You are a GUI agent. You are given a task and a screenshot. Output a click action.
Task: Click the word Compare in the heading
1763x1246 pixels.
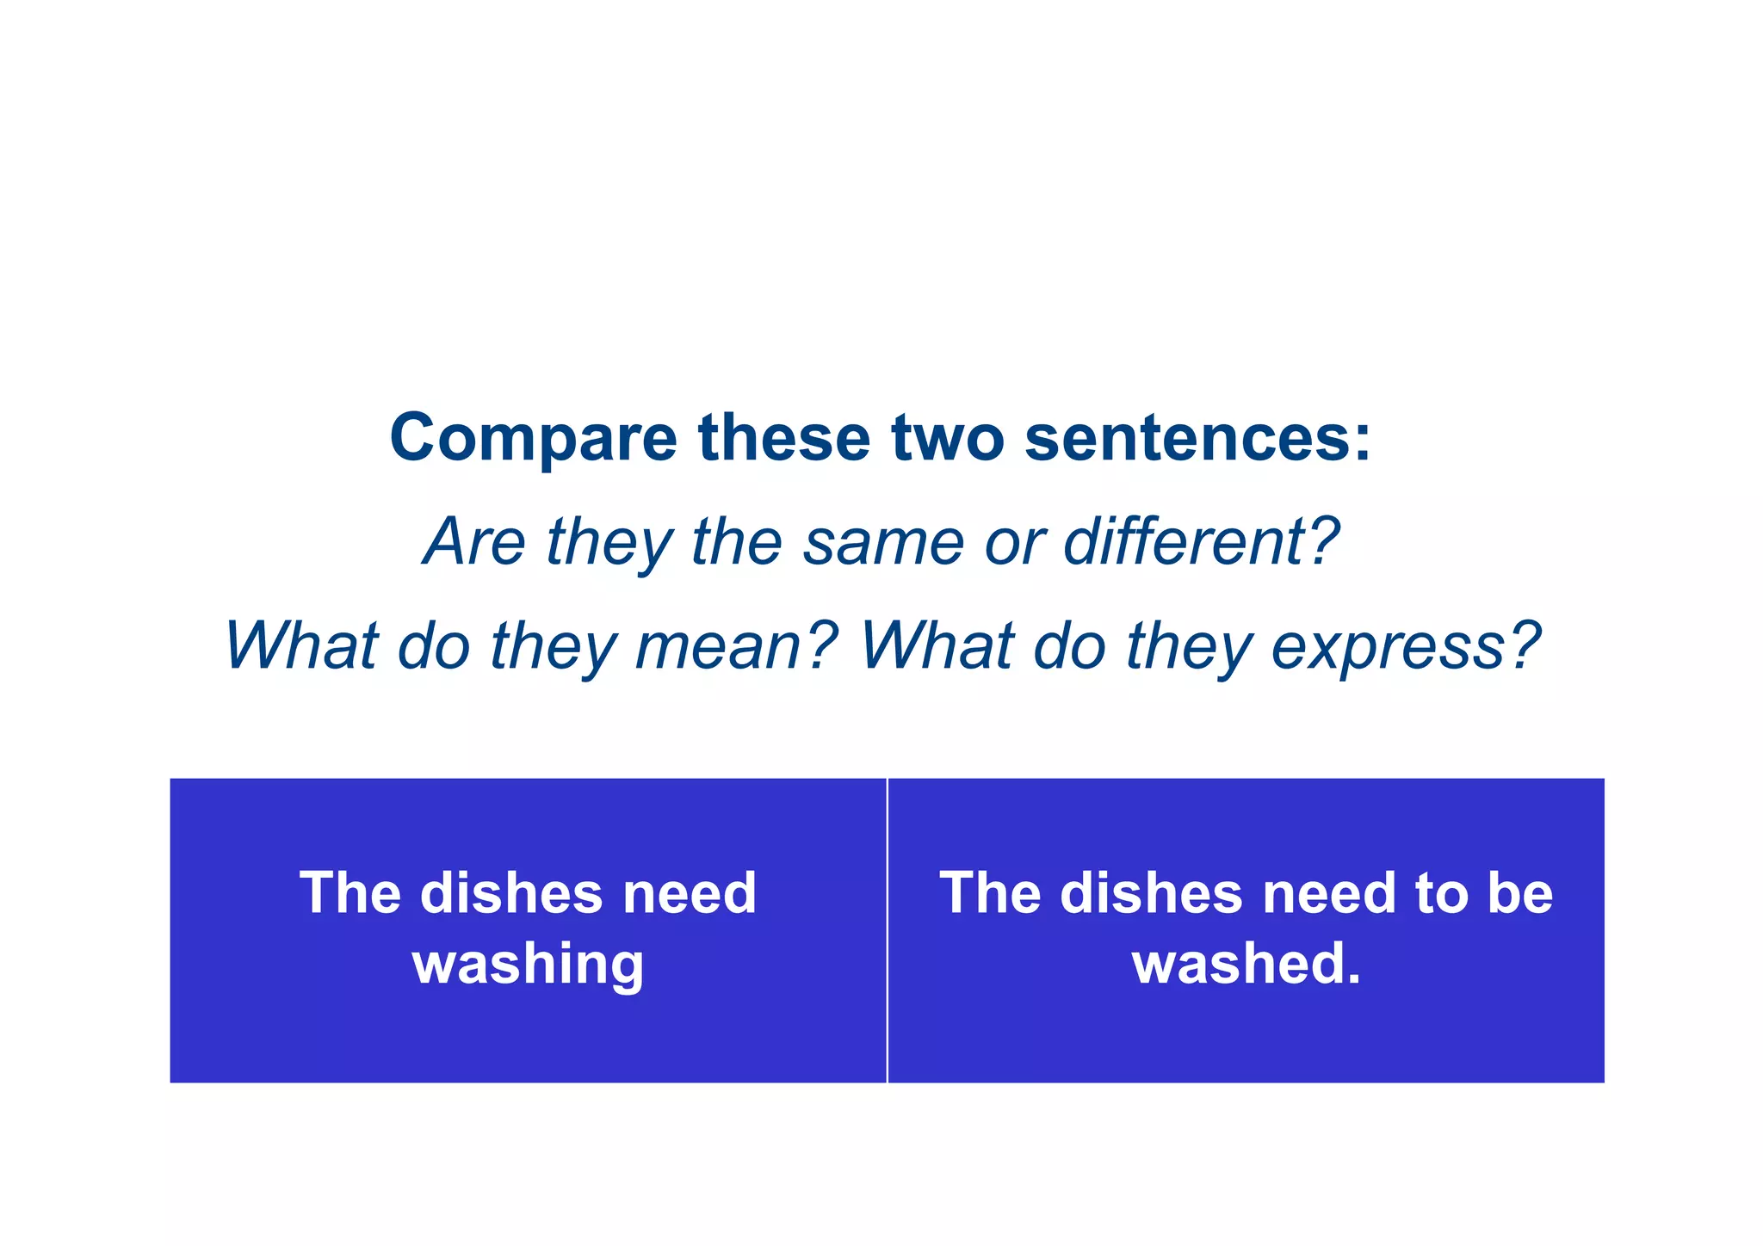(534, 439)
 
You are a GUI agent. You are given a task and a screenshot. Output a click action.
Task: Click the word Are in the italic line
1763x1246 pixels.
(474, 542)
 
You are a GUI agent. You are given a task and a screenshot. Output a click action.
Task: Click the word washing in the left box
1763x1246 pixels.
(529, 964)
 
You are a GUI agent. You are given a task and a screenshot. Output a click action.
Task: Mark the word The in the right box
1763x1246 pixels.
(991, 893)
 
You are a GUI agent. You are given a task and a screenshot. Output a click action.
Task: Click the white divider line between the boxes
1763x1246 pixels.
(887, 930)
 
